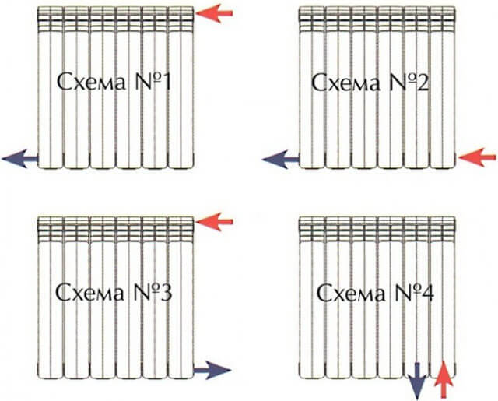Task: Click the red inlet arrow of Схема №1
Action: (214, 13)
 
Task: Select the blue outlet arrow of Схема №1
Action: (19, 159)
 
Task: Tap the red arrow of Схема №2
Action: (477, 157)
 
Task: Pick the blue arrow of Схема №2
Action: (281, 159)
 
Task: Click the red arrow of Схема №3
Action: (214, 221)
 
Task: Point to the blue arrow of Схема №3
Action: (212, 370)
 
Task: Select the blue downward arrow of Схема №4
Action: (417, 381)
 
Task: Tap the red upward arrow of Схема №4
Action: (444, 380)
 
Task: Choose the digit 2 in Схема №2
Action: (423, 82)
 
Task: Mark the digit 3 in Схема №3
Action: (166, 292)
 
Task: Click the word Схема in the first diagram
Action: (92, 83)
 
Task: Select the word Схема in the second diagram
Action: (345, 83)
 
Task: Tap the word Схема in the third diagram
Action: (90, 293)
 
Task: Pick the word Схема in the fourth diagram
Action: (351, 293)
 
